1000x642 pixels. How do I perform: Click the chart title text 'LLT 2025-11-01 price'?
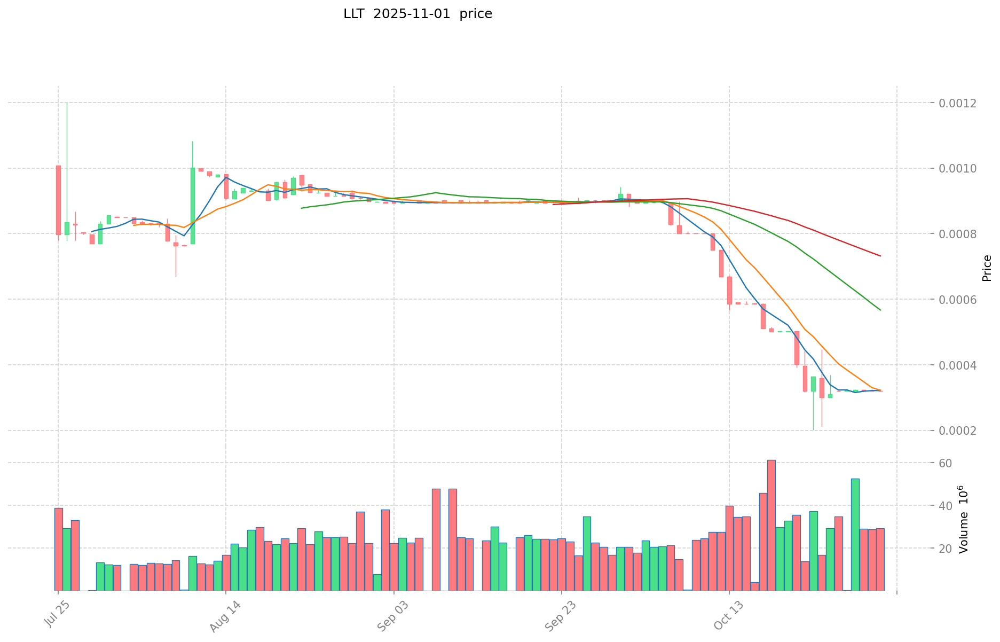point(418,14)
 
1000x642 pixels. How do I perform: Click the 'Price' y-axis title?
point(987,268)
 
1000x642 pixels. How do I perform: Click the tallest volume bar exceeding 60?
point(771,525)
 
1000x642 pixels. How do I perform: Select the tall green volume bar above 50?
point(855,534)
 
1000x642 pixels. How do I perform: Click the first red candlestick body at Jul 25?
point(58,200)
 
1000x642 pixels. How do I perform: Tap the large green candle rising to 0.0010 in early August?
point(192,206)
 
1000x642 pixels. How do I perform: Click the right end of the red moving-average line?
point(880,256)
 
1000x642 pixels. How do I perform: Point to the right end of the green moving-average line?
point(880,310)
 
